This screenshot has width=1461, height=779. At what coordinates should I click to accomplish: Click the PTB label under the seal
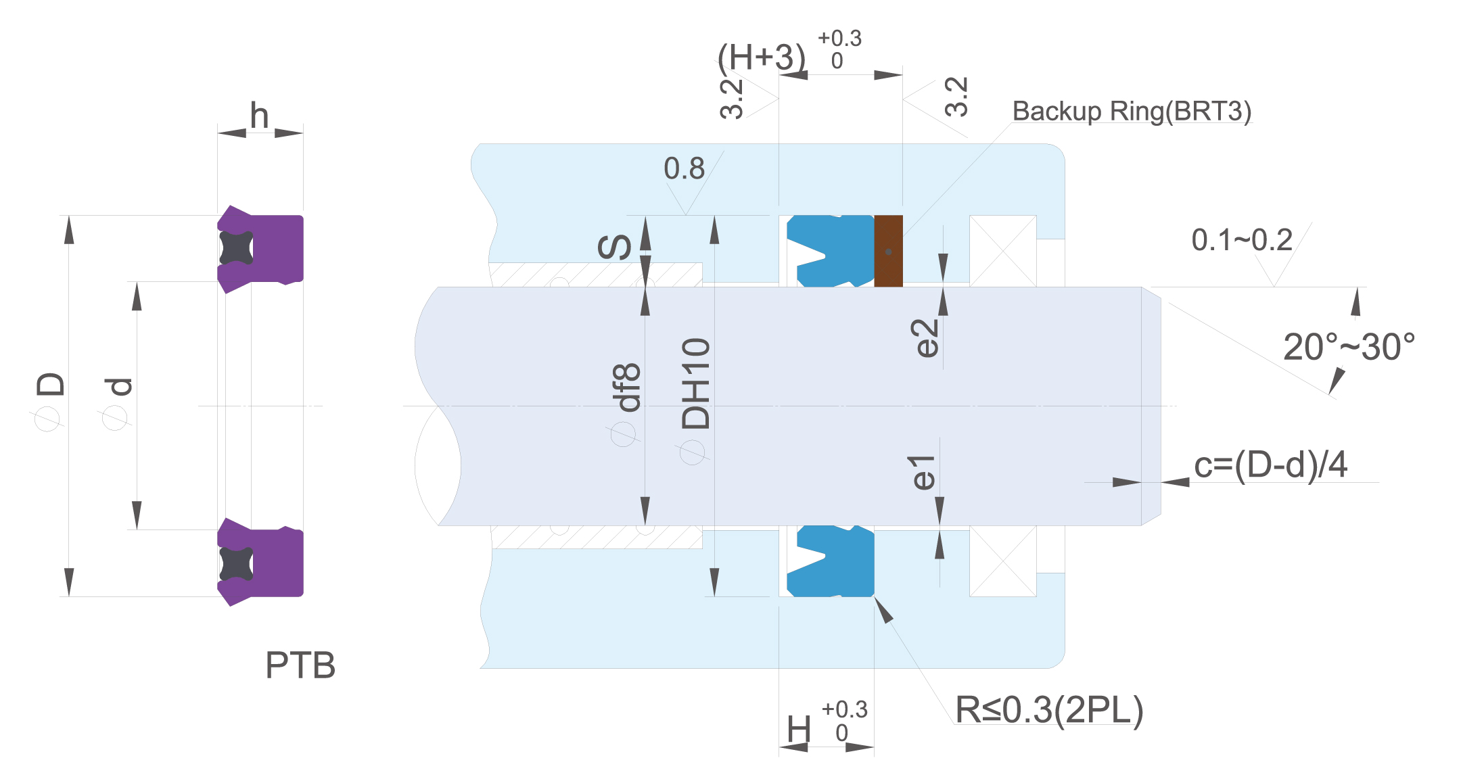(x=300, y=665)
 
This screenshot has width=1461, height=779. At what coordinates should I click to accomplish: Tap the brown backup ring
(x=888, y=251)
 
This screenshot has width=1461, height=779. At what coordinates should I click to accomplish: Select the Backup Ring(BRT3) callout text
(x=1132, y=111)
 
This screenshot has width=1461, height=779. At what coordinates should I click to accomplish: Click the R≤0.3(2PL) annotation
(x=1049, y=710)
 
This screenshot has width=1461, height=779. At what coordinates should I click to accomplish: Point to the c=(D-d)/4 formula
(x=1271, y=465)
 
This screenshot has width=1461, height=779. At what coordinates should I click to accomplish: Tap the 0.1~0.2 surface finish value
(x=1242, y=240)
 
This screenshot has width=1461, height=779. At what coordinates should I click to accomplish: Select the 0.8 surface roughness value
(x=684, y=168)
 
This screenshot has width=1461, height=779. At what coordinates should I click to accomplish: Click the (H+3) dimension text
(x=762, y=57)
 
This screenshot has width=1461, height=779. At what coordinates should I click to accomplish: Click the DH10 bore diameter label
(x=696, y=383)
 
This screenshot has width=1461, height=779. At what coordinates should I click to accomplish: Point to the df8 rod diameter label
(x=626, y=387)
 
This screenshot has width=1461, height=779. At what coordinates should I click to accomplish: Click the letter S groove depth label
(x=615, y=247)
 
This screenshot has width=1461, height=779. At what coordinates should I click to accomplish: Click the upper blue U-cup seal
(x=831, y=251)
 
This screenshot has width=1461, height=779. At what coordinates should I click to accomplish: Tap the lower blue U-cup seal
(x=831, y=561)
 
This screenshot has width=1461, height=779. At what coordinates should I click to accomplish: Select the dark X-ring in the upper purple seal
(x=236, y=248)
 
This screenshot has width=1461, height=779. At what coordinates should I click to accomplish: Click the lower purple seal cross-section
(x=260, y=562)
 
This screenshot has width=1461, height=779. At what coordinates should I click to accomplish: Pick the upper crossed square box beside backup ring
(x=1003, y=251)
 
